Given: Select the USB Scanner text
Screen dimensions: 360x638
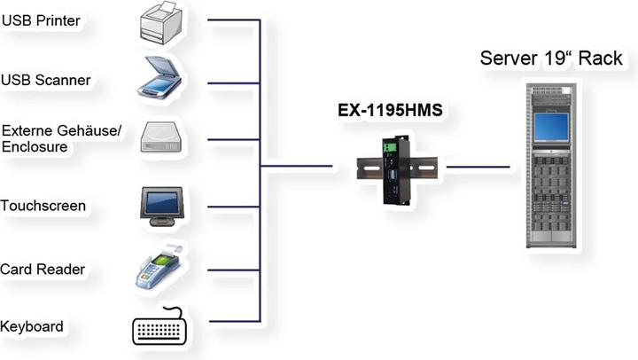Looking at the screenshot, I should click(45, 80).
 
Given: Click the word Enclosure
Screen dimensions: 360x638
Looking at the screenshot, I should click(35, 147).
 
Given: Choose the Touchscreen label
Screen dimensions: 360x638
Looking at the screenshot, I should click(43, 206).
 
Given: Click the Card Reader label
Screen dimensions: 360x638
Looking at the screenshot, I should click(42, 270).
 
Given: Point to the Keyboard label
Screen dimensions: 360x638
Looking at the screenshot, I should click(32, 326).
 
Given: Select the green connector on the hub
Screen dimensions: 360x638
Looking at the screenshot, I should click(387, 145).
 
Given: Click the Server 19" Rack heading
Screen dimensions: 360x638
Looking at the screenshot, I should click(551, 59).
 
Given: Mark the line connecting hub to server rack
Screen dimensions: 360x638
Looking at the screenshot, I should click(478, 166).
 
